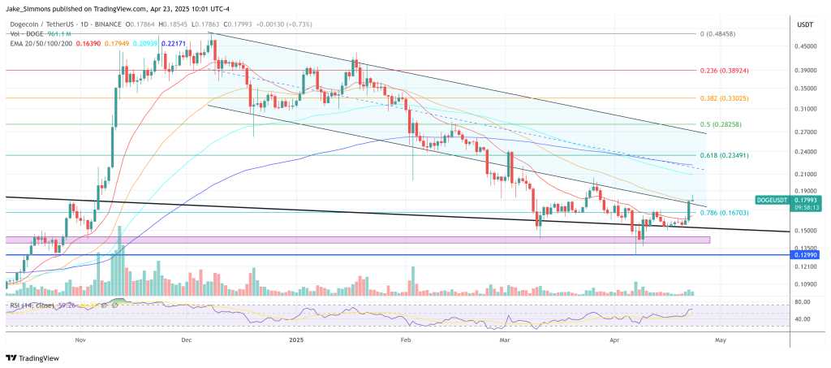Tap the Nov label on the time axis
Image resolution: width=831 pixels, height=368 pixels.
80,342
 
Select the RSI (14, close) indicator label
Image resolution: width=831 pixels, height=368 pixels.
33,305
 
